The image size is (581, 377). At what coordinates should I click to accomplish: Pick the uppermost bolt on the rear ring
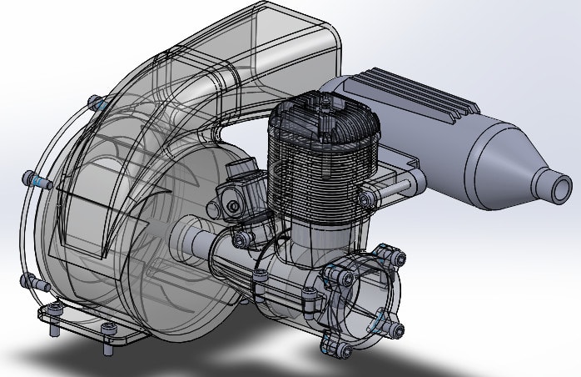[x=384, y=250]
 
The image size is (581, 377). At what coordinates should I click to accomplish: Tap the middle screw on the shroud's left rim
[x=34, y=178]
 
